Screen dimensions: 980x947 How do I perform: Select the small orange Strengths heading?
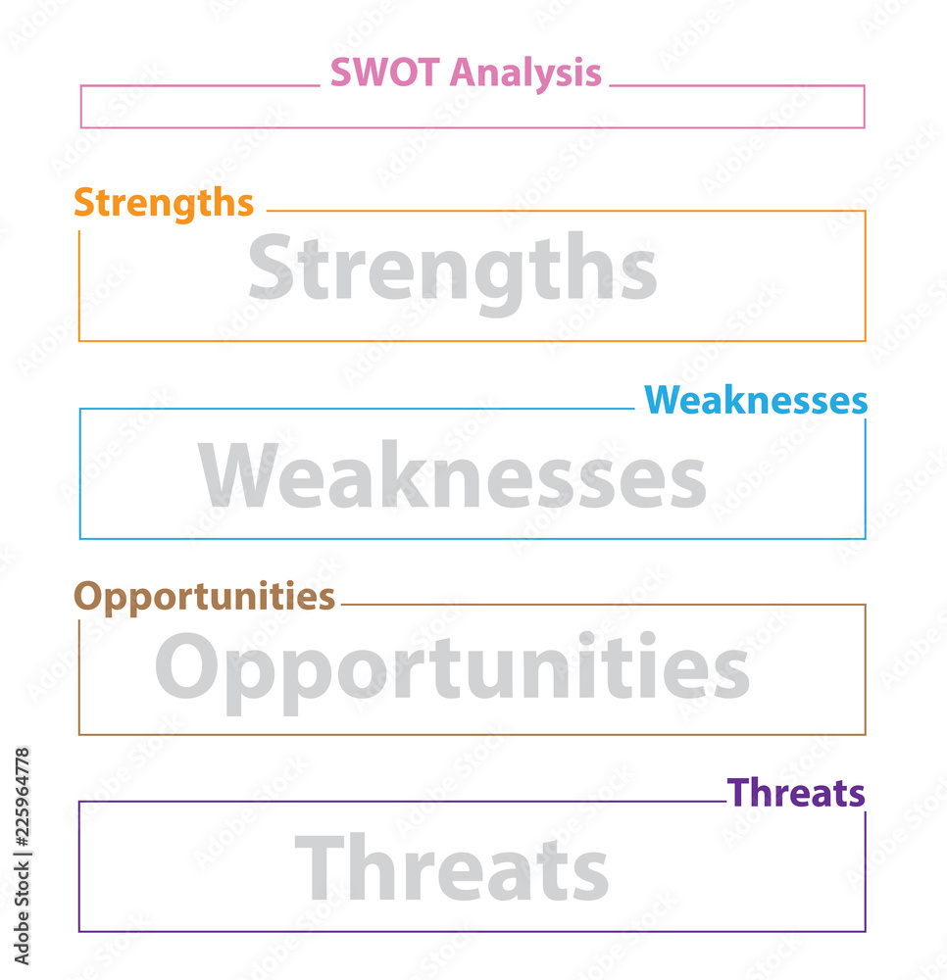164,203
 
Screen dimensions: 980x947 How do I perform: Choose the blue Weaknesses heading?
755,401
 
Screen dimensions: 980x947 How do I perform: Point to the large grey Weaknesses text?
452,476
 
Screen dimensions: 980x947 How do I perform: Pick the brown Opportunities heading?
204,597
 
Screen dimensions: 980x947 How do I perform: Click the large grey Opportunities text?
452,670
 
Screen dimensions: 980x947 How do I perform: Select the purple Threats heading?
796,793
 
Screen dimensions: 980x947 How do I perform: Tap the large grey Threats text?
452,868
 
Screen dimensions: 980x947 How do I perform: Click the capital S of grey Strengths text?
271,267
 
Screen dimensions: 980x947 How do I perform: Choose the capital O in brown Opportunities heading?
88,597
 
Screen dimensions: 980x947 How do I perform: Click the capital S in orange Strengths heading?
83,203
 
